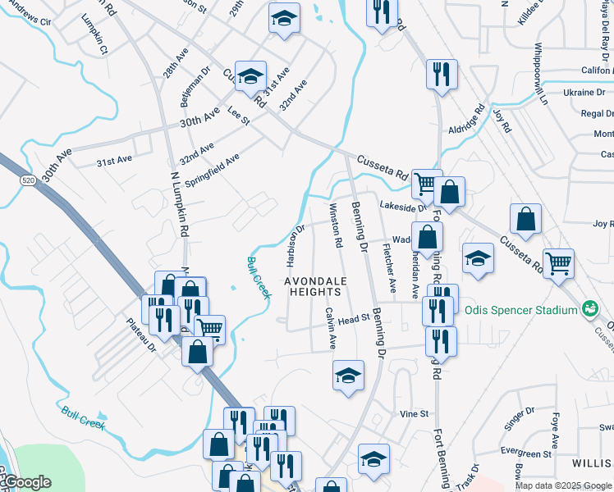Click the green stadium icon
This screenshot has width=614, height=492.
click(589, 309)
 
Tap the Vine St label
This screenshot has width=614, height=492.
click(414, 414)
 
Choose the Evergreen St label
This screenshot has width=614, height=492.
click(525, 453)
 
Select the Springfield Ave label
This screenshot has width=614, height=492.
click(212, 170)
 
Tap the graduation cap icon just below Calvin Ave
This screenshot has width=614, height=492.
click(348, 376)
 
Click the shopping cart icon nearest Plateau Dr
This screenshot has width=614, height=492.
click(209, 329)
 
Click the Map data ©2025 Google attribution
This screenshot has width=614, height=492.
click(564, 485)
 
